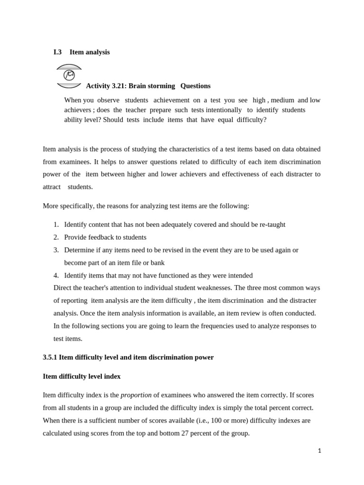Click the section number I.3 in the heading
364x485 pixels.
pos(57,52)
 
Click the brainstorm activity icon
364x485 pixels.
pos(69,76)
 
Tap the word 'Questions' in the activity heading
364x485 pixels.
pos(195,86)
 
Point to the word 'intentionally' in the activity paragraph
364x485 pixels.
pos(223,110)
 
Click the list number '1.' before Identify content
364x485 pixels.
pos(56,225)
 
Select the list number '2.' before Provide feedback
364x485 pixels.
pos(56,237)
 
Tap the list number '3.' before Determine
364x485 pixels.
pos(56,250)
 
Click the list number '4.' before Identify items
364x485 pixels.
pos(56,275)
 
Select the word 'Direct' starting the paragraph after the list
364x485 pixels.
pos(63,288)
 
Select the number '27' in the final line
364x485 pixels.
pos(185,433)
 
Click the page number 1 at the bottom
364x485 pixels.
pos(319,451)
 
